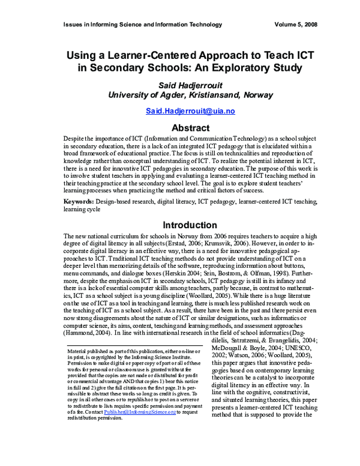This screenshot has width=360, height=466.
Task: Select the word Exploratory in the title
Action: point(238,67)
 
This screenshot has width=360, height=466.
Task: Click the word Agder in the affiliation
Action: point(161,94)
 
